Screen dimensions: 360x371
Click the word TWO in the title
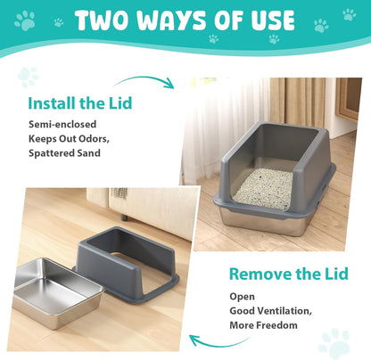[x=105, y=20]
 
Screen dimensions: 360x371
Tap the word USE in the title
[x=267, y=20]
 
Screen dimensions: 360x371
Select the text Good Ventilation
[x=271, y=311]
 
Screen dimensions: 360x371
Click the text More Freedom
[x=262, y=324]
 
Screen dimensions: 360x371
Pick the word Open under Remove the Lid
[x=242, y=297]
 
